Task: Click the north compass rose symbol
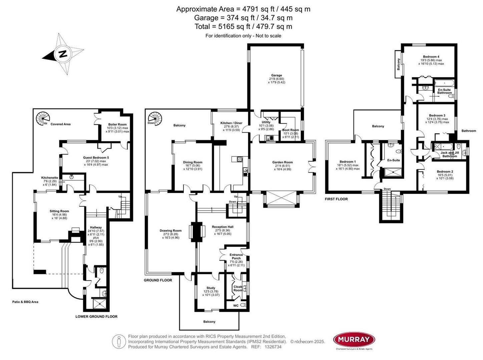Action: [x=62, y=54]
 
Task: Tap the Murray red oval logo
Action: [x=354, y=340]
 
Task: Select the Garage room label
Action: [x=276, y=75]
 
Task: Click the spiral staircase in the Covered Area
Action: [x=42, y=117]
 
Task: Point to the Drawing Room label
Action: [x=170, y=231]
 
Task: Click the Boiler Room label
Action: [x=117, y=124]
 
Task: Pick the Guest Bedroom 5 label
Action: [x=96, y=158]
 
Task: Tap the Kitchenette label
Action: [x=49, y=178]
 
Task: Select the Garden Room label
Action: [x=282, y=163]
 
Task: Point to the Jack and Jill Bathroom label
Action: [x=449, y=154]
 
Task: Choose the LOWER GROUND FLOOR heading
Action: [x=96, y=317]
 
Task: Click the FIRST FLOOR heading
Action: [x=336, y=199]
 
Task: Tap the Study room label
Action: [x=210, y=288]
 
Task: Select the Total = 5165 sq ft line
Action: [x=243, y=26]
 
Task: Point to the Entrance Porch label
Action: [x=236, y=257]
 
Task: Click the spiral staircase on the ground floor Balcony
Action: [x=154, y=117]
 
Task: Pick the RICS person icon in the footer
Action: [x=119, y=342]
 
